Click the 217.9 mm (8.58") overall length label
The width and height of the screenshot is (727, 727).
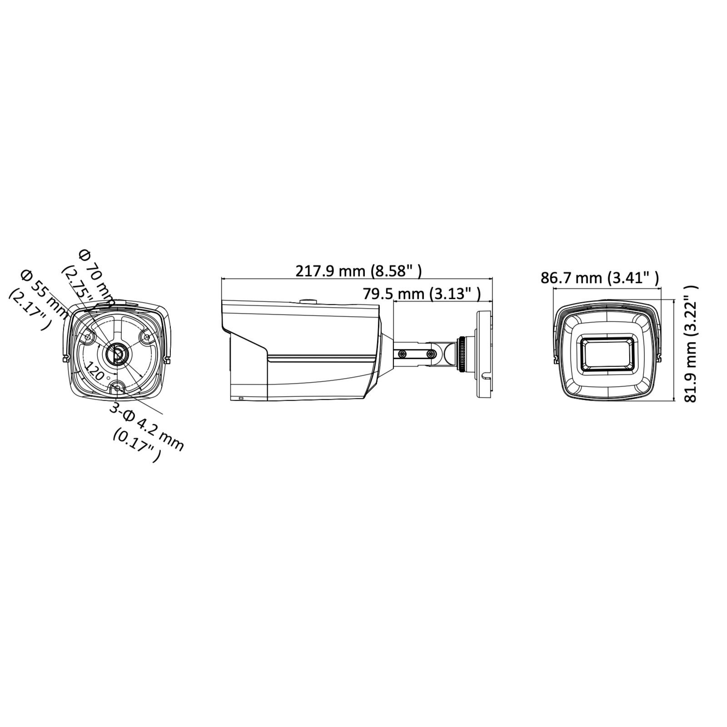tap(359, 271)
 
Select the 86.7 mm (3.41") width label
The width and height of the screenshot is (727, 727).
tap(600, 278)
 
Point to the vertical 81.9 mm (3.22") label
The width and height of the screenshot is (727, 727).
tap(691, 344)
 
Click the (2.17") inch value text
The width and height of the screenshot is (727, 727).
tap(28, 309)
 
